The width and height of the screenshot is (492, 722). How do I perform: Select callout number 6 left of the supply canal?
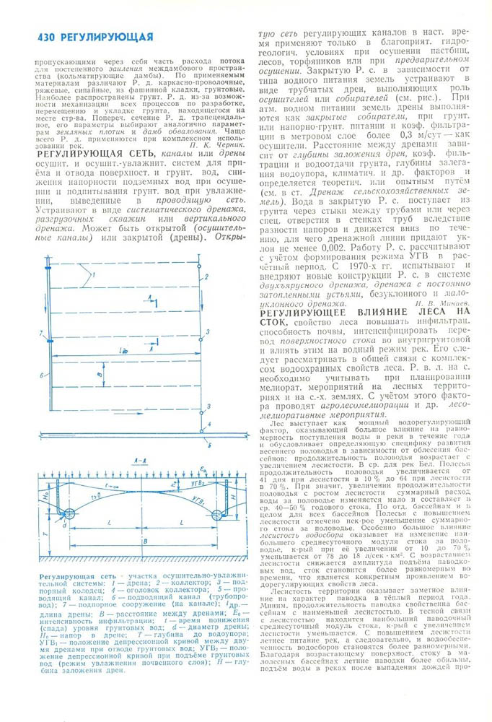(43, 374)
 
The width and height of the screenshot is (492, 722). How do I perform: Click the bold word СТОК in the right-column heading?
(275, 323)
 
